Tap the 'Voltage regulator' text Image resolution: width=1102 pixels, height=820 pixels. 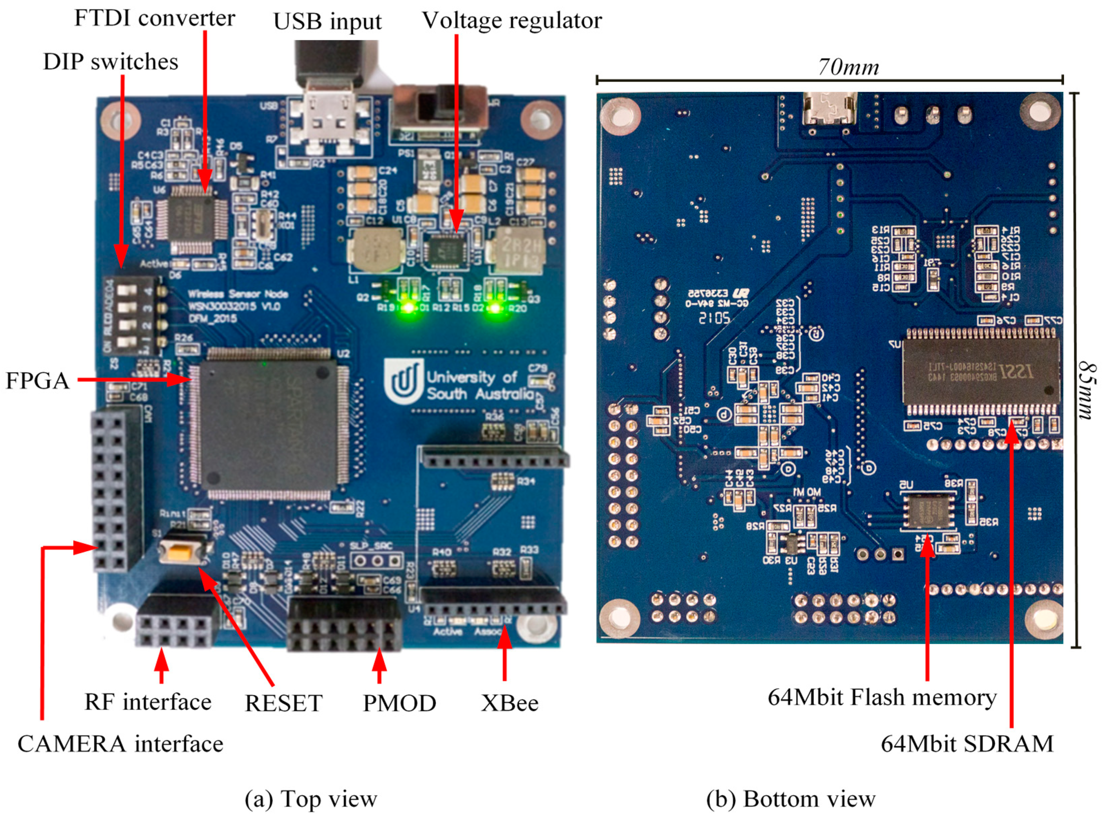(x=511, y=21)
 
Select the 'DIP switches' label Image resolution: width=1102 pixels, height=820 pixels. (x=111, y=62)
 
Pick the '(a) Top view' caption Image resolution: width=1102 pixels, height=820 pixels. (x=311, y=799)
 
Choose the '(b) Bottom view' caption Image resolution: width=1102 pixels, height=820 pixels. (x=791, y=799)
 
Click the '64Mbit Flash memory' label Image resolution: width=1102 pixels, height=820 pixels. (x=882, y=697)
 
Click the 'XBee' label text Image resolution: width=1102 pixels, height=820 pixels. (x=509, y=703)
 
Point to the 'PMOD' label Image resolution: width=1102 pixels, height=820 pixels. (x=399, y=703)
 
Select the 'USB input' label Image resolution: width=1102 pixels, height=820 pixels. (x=327, y=22)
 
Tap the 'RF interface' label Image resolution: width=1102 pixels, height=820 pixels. (x=148, y=702)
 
